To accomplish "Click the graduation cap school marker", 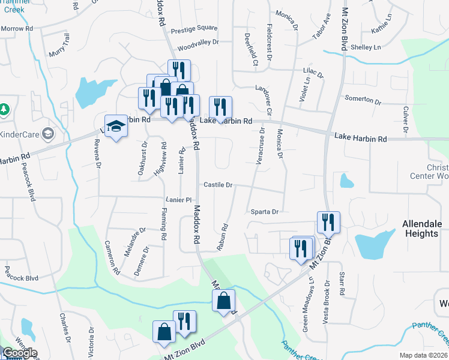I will [116, 126].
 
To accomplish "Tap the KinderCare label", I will [22, 133].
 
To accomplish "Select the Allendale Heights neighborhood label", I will [421, 229].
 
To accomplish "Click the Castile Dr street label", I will [217, 185].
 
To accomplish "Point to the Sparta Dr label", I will [263, 212].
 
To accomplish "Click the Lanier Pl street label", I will [178, 200].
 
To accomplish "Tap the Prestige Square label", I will [194, 28].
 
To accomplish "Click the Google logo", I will [20, 353].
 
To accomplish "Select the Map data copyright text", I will [424, 355].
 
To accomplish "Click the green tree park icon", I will [5, 109].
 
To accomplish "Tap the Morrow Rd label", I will [16, 29].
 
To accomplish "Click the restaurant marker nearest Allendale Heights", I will [328, 222].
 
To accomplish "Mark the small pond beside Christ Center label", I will [346, 180].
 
